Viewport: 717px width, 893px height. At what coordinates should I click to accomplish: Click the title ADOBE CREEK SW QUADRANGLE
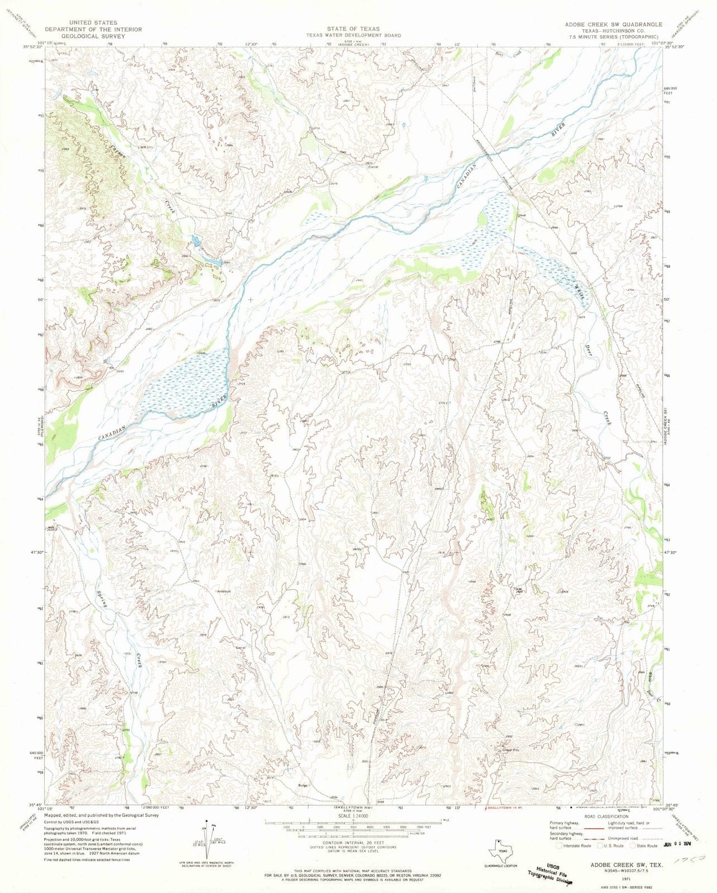pos(613,25)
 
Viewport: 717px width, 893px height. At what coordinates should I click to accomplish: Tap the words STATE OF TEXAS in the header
pos(353,28)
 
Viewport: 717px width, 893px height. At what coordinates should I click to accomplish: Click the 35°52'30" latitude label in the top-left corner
pos(33,47)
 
